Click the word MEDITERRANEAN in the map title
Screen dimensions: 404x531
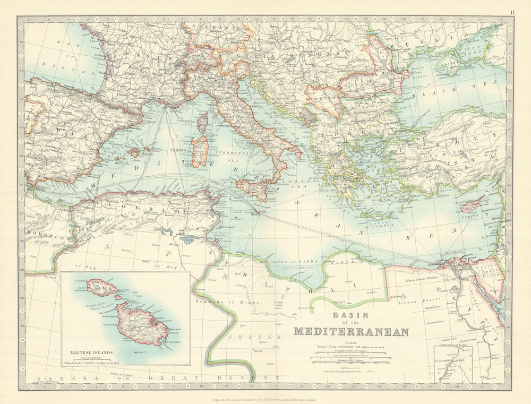coord(351,332)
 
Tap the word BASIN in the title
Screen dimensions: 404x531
coord(351,315)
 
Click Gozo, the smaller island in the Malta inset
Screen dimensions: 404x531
coord(102,288)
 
